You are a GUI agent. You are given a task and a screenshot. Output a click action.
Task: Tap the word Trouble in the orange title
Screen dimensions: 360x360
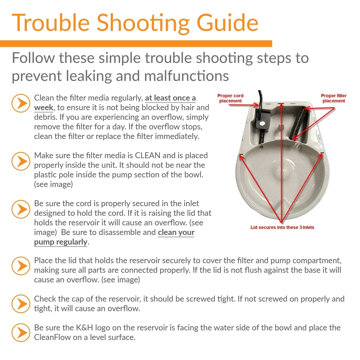pyautogui.click(x=51, y=23)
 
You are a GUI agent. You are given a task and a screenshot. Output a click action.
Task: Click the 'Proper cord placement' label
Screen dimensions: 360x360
pyautogui.click(x=230, y=98)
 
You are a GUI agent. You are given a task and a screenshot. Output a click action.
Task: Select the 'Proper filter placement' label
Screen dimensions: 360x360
pyautogui.click(x=334, y=98)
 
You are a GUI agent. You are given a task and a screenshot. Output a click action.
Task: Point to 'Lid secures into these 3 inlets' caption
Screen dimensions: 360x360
pyautogui.click(x=282, y=227)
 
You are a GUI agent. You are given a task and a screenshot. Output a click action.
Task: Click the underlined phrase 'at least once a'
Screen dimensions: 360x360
pyautogui.click(x=170, y=98)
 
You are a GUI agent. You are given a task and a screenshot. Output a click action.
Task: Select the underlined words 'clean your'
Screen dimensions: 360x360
pyautogui.click(x=176, y=232)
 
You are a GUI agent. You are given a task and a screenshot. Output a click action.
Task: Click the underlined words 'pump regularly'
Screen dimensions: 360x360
pyautogui.click(x=61, y=242)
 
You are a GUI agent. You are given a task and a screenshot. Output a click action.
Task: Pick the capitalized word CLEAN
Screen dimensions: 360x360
pyautogui.click(x=148, y=155)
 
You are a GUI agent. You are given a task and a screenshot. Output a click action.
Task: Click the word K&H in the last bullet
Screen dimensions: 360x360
pyautogui.click(x=84, y=328)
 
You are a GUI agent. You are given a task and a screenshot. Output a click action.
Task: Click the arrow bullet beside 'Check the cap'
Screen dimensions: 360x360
pyautogui.click(x=21, y=304)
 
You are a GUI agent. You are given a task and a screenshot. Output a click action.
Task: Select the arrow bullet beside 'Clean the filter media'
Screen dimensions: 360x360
pyautogui.click(x=21, y=103)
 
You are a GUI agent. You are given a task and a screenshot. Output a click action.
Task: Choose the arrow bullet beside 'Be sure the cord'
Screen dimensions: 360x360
pyautogui.click(x=21, y=209)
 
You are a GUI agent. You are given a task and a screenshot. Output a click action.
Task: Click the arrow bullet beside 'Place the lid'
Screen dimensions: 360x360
pyautogui.click(x=21, y=266)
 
